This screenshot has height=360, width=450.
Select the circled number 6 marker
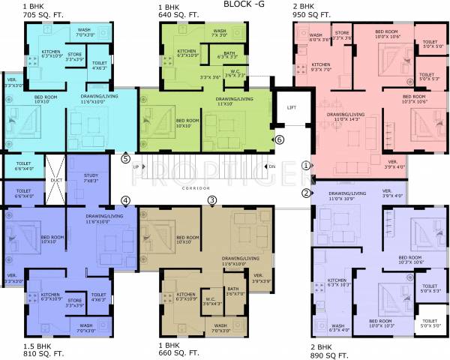[279, 139]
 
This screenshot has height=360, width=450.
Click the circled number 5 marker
[125, 158]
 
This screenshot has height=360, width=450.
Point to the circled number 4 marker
[125, 199]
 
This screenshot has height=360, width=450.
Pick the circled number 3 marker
[212, 199]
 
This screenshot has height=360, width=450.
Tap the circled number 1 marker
[306, 164]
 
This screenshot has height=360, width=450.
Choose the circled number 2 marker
[306, 193]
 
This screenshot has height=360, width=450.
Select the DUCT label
[57, 181]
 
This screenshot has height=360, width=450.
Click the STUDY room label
[91, 175]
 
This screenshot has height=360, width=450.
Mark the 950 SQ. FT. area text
[314, 14]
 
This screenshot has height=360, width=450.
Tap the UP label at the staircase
[136, 166]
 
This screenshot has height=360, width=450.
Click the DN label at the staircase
[272, 166]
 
